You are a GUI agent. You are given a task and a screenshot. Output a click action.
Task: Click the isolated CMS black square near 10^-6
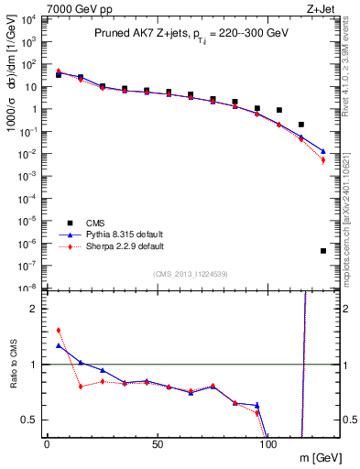[x=323, y=251]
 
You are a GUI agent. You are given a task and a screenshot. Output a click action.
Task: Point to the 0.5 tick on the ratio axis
[x=29, y=420]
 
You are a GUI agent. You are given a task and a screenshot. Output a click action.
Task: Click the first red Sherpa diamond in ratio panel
[x=59, y=331]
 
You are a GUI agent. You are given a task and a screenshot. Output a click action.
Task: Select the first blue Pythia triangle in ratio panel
[x=59, y=345]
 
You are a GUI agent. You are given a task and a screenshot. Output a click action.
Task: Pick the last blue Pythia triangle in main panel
[x=323, y=151]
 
